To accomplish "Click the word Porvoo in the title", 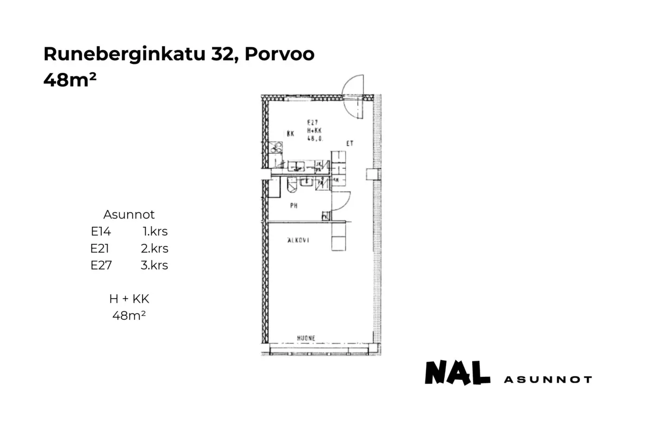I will point(279,54).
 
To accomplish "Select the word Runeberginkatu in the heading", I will point(124,54).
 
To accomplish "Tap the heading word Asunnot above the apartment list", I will point(129,214).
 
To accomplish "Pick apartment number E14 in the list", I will point(101,232).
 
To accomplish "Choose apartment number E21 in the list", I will point(100,249).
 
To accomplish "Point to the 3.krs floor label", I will point(154,265).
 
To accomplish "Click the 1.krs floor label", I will point(155,232).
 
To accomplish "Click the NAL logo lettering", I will point(457,373).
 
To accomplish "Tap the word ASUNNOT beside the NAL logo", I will point(548,380).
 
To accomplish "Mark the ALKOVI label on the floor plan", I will point(298,240).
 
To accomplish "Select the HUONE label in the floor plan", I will point(306,338).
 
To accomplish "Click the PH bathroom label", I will point(294,206).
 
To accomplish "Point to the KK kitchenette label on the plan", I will point(291,134).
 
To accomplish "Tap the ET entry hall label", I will point(350,144).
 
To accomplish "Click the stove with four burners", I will point(276,147).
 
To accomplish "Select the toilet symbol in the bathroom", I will point(292,186).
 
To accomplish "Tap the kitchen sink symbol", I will point(296,165).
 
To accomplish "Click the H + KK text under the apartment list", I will point(129,299).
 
